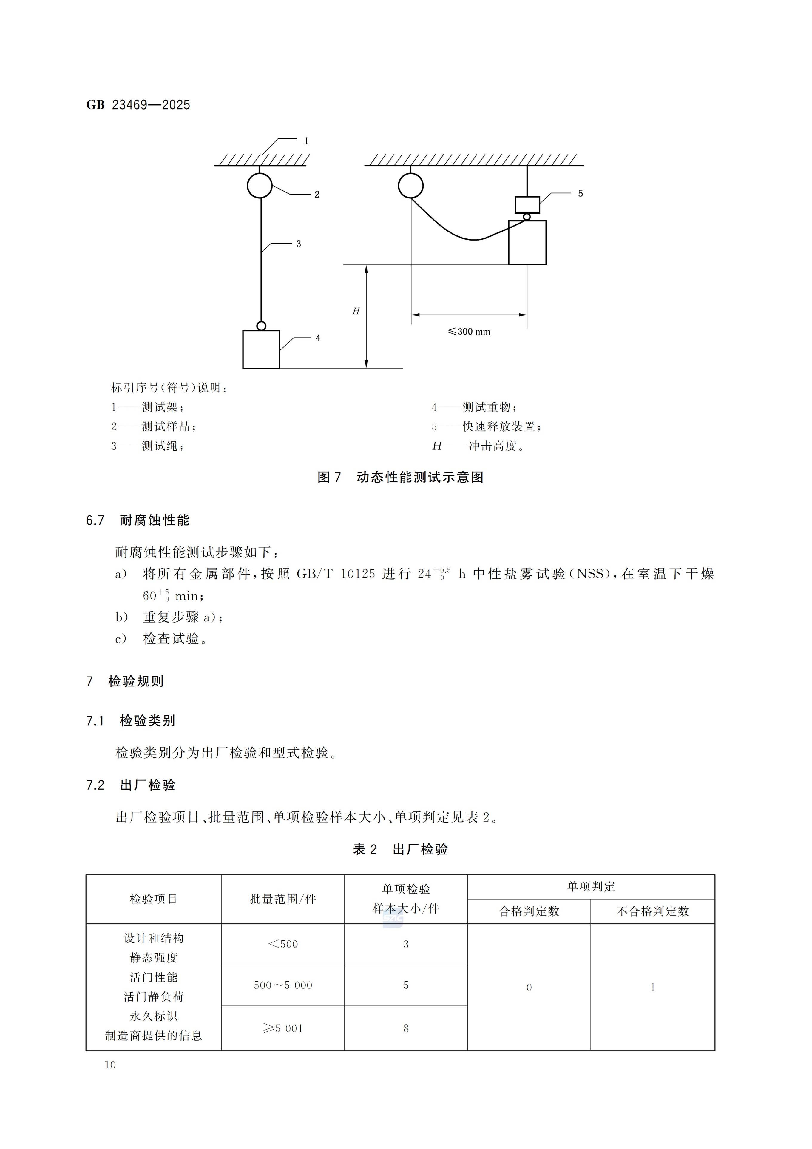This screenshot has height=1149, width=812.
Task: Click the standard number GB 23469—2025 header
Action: pos(138,105)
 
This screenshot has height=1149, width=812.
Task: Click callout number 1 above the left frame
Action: pos(306,141)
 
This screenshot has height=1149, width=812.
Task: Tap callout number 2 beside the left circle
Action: pos(317,195)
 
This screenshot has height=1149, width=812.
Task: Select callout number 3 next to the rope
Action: pos(298,244)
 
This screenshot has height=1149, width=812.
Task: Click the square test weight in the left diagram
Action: pos(261,349)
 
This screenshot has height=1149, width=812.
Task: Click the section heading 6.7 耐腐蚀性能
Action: pos(138,520)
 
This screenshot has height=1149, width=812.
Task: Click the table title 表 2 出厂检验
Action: pos(400,849)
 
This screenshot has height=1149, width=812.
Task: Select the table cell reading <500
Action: pos(283,944)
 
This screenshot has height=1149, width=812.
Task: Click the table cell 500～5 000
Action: pos(283,985)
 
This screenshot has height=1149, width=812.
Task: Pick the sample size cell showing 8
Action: pos(406,1028)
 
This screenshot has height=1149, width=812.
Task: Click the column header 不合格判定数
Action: pos(652,911)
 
